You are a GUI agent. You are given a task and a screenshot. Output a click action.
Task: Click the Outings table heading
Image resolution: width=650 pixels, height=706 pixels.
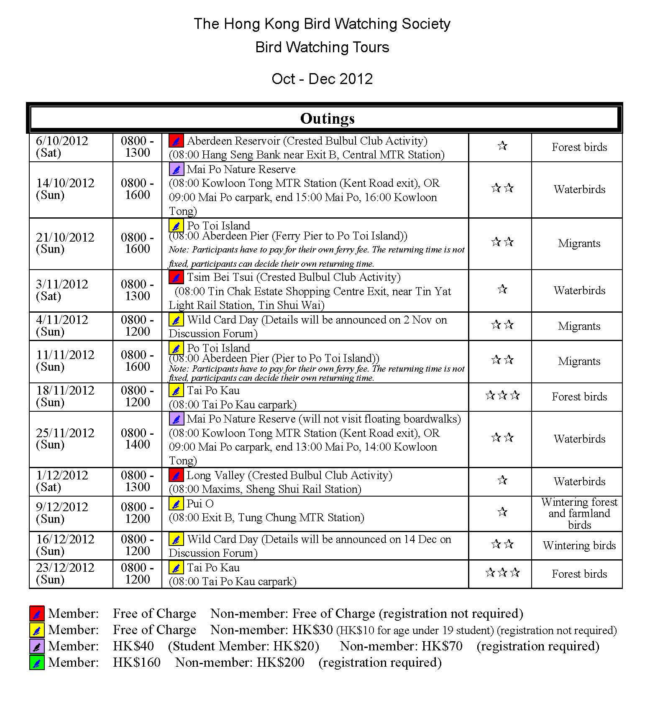click(327, 118)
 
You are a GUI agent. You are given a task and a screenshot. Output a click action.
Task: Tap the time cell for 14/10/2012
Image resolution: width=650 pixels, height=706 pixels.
click(137, 189)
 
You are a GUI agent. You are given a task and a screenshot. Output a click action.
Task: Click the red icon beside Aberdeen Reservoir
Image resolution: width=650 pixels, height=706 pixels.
click(176, 141)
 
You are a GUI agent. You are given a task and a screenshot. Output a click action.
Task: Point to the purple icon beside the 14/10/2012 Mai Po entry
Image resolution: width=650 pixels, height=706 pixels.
click(176, 169)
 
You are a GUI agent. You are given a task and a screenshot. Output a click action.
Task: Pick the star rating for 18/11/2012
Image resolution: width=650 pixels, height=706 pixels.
click(502, 395)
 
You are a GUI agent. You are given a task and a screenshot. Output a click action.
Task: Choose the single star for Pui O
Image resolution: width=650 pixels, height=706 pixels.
click(502, 512)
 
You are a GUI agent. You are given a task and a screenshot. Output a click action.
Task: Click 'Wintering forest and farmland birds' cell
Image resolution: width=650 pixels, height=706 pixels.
click(579, 513)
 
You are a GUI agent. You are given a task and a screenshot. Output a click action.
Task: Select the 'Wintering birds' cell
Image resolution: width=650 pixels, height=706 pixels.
click(579, 545)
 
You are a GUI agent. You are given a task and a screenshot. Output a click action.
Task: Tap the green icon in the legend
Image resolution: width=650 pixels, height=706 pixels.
click(37, 663)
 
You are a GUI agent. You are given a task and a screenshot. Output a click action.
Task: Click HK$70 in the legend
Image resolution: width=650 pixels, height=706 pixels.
click(442, 646)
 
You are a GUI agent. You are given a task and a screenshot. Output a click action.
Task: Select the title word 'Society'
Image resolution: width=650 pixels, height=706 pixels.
click(426, 24)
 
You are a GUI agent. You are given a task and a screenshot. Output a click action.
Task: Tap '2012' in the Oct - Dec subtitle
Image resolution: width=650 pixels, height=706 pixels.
click(356, 79)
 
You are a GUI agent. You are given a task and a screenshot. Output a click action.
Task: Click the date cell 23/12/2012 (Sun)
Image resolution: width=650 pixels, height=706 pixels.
click(65, 573)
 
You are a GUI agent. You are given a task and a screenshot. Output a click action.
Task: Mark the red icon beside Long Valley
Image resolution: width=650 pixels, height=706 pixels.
click(176, 475)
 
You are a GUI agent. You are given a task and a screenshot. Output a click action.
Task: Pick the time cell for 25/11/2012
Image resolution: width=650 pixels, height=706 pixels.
click(137, 438)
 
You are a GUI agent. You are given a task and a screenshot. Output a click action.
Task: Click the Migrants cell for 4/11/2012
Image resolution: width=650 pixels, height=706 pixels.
click(579, 326)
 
